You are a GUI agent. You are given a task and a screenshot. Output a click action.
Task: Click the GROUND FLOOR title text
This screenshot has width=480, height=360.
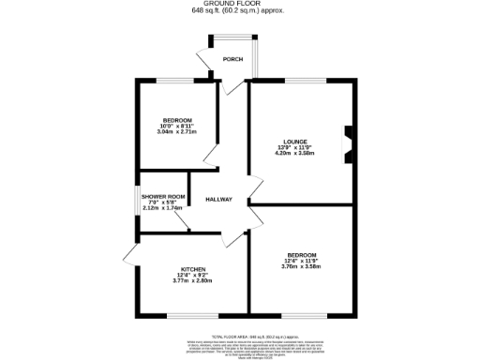coord(239,4)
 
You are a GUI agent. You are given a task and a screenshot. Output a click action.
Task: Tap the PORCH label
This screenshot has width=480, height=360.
coord(232,59)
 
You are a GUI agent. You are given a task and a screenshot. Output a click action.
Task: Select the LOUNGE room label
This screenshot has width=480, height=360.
coord(295,142)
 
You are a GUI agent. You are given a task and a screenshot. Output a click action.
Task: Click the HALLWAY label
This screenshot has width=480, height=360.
coord(218,199)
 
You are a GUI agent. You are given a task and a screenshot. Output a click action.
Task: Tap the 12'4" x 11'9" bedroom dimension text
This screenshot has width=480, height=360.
coord(302,262)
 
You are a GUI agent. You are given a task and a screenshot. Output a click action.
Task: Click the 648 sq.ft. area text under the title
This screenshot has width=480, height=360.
coord(239,11)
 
